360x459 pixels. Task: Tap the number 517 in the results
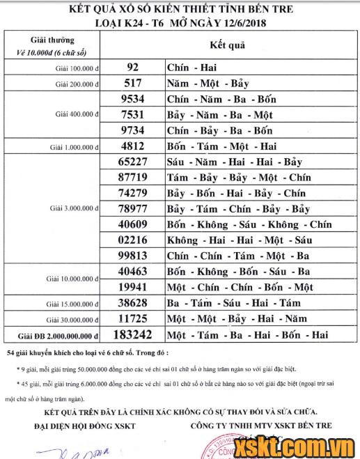(134, 84)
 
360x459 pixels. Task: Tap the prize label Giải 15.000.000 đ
(72, 304)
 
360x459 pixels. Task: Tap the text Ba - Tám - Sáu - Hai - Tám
(233, 303)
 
